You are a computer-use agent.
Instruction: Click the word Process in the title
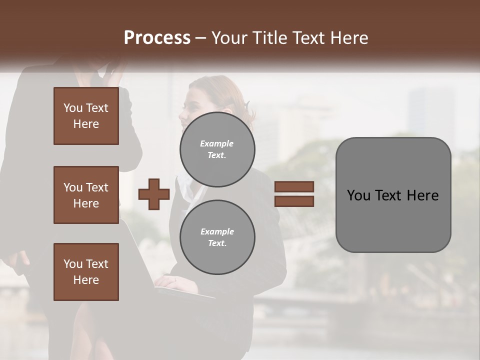[157, 38]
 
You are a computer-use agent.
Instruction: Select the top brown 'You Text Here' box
[86, 116]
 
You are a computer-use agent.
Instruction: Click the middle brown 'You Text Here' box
[86, 195]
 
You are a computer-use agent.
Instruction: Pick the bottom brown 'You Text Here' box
[86, 272]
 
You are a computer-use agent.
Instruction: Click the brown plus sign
[154, 194]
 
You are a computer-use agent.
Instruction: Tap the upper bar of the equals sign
[294, 186]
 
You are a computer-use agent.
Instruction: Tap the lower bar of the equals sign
[294, 201]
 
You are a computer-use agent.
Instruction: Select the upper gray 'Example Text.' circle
[217, 149]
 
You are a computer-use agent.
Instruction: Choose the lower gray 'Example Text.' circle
[217, 237]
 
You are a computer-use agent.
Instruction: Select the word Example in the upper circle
[216, 143]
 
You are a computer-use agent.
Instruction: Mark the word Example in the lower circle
[217, 231]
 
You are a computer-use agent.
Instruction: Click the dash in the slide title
[201, 38]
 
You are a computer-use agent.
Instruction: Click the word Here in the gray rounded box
[422, 195]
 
